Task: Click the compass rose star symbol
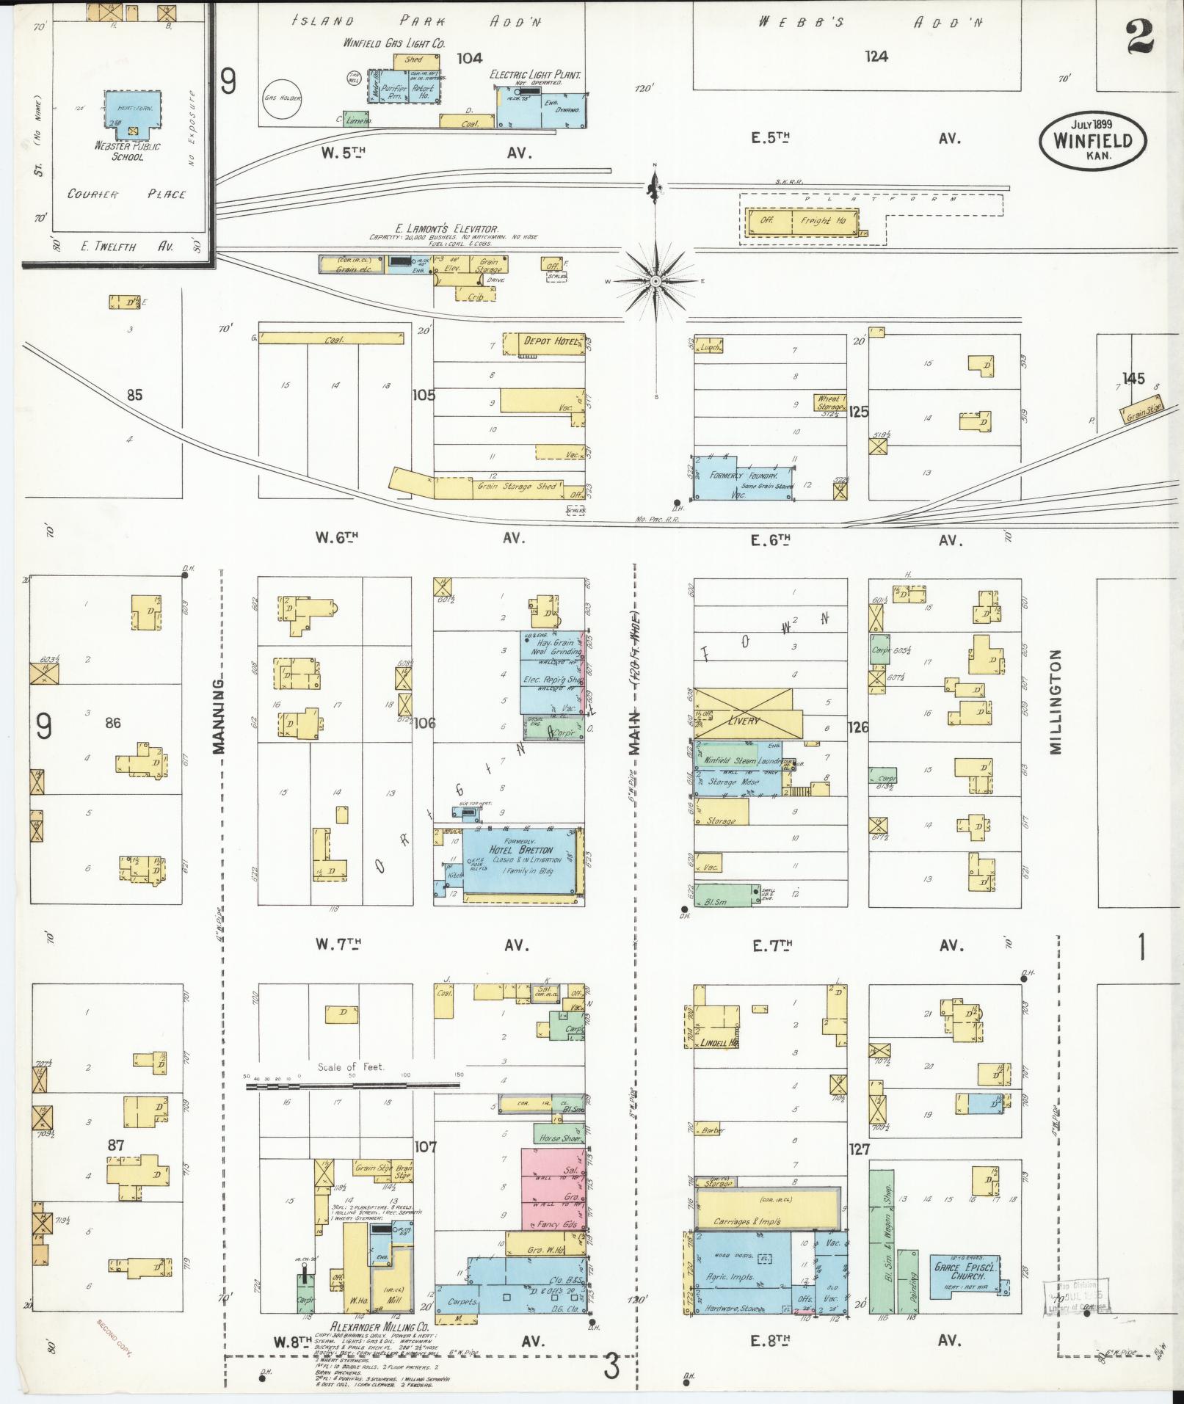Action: pos(655,282)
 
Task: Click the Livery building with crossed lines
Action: pos(744,714)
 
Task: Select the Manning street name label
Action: pos(218,716)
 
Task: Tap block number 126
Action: pos(857,727)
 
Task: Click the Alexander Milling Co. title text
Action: pos(381,1327)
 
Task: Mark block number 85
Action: pos(134,396)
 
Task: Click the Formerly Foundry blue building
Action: pos(744,479)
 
